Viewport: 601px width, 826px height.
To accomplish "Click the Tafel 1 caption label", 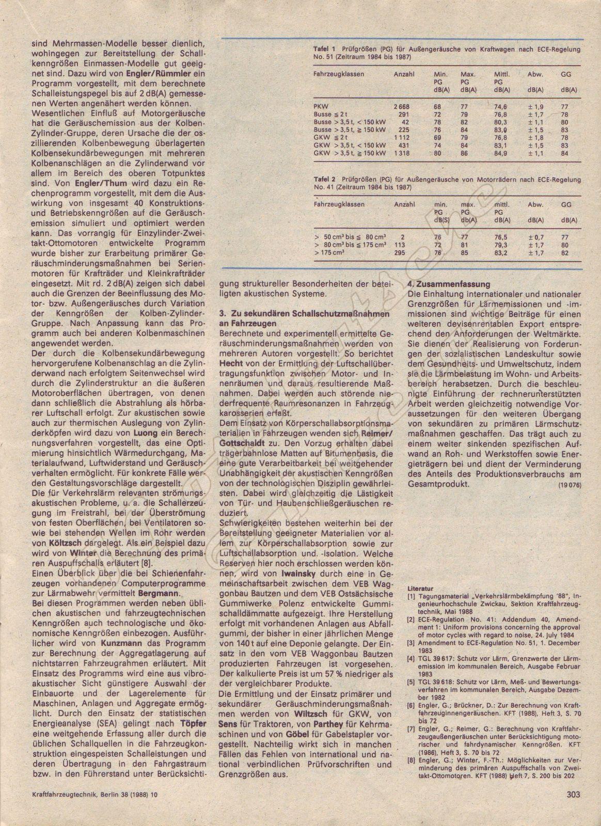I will [x=324, y=50].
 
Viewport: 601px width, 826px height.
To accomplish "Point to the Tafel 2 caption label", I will [x=324, y=180].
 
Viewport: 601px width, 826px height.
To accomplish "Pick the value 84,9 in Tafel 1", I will [x=501, y=153].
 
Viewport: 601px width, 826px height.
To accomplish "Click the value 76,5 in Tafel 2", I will [x=501, y=236].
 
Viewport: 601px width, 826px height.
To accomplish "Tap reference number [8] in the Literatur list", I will [x=412, y=761].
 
